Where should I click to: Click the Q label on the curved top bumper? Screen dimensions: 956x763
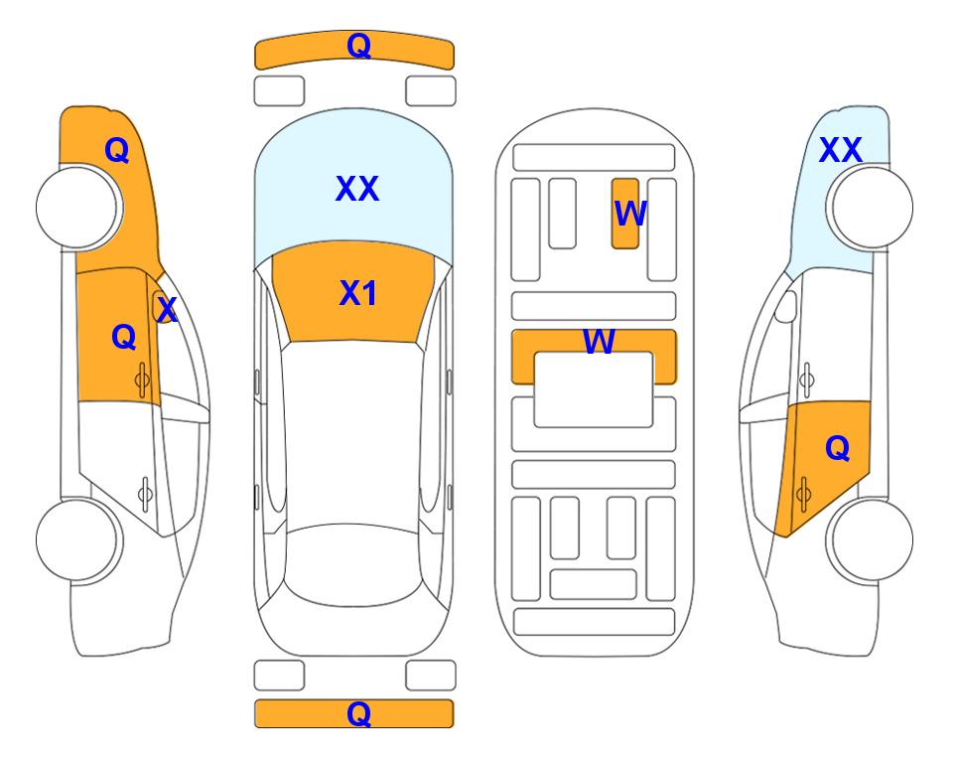click(358, 46)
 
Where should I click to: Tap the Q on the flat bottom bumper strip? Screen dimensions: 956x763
click(358, 713)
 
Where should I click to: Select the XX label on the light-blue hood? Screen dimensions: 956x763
click(357, 189)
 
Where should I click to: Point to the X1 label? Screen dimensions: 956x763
click(358, 293)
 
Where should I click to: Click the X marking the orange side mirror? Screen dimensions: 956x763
click(167, 309)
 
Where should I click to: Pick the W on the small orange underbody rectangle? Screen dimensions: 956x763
click(629, 214)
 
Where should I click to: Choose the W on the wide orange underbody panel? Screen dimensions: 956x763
click(599, 341)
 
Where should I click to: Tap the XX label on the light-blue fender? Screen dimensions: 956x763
click(840, 150)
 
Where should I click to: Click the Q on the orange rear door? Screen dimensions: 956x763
click(837, 449)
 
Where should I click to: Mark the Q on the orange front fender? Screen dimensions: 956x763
click(117, 150)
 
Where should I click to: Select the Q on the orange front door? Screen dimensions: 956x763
click(124, 337)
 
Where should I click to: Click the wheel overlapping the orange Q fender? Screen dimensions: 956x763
click(78, 208)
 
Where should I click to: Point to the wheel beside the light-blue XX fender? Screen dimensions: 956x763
click(871, 208)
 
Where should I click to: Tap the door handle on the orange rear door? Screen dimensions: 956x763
click(803, 494)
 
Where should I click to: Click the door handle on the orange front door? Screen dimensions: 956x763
click(142, 380)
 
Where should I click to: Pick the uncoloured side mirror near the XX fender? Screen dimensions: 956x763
click(786, 307)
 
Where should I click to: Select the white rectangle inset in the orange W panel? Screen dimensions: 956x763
click(594, 389)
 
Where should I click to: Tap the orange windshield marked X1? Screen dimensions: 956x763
click(354, 292)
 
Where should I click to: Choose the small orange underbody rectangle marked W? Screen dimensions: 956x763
click(625, 214)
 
